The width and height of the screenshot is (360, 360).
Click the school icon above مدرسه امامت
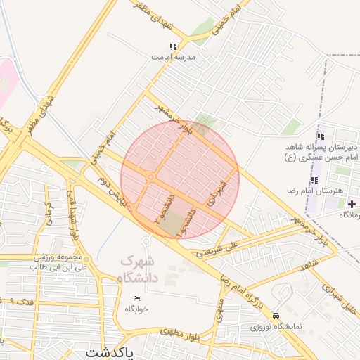pos(173,47)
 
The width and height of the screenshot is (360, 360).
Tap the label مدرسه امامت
pos(174,58)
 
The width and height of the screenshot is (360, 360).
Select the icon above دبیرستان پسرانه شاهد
pos(321,136)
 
